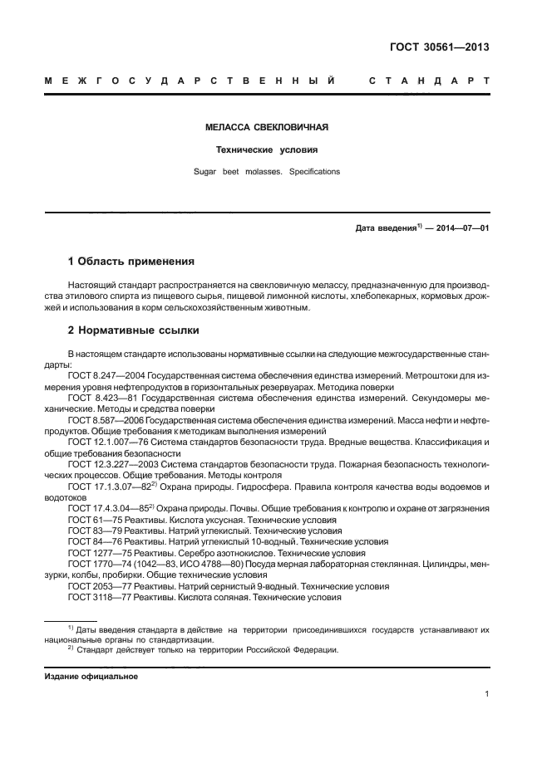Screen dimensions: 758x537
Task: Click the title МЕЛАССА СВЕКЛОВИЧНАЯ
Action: coord(267,128)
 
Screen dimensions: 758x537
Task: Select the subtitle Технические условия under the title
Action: coord(267,150)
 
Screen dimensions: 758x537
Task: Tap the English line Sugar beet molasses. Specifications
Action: coord(267,172)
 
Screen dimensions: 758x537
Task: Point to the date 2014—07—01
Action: coord(461,227)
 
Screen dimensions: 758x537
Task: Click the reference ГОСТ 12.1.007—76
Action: coord(104,441)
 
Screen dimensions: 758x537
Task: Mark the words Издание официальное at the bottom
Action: coord(91,677)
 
